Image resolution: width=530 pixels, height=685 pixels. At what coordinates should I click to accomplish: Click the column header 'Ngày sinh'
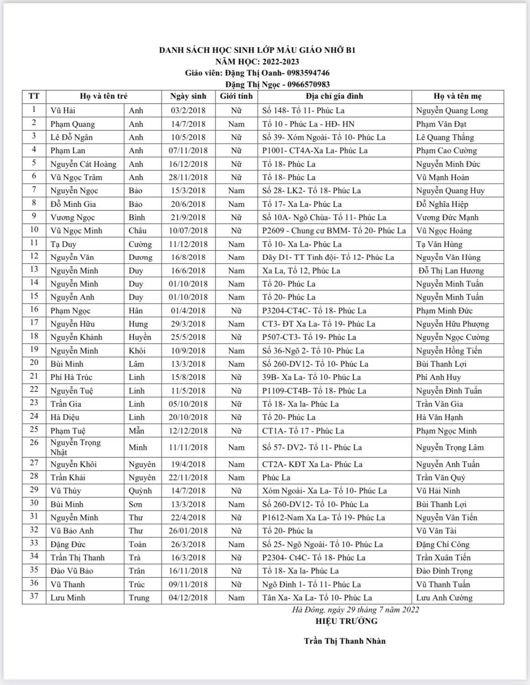(188, 96)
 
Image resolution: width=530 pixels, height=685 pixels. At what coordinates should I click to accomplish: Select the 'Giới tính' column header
(236, 96)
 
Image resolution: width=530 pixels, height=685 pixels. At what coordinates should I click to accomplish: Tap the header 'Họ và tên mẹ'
(457, 96)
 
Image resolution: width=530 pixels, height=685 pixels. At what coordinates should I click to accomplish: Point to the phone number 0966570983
(309, 84)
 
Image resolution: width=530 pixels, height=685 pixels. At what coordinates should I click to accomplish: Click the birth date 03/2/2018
(188, 111)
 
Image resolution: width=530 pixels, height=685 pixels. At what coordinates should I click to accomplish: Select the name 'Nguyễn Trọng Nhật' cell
(76, 447)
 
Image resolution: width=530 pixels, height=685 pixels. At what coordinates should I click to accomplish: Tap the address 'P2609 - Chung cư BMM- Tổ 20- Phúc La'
(334, 231)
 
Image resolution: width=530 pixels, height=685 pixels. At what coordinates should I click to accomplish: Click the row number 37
(34, 596)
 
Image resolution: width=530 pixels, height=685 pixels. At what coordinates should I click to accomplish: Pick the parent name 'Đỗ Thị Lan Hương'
(451, 271)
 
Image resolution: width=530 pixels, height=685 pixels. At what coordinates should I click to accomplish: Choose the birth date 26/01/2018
(188, 531)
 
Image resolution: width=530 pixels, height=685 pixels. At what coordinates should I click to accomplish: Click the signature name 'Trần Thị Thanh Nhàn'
(345, 641)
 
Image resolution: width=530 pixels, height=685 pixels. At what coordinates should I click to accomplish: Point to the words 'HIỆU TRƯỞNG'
(346, 621)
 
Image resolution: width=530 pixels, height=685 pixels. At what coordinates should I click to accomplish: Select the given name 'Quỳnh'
(140, 491)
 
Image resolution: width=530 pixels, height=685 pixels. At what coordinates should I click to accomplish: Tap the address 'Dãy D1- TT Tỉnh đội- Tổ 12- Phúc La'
(328, 258)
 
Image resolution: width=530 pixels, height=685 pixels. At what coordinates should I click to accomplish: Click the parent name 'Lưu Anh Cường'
(444, 598)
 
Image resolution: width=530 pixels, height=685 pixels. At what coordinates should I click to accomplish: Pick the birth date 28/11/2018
(188, 177)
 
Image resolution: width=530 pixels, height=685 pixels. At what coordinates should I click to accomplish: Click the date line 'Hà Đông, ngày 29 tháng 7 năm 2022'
(356, 610)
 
